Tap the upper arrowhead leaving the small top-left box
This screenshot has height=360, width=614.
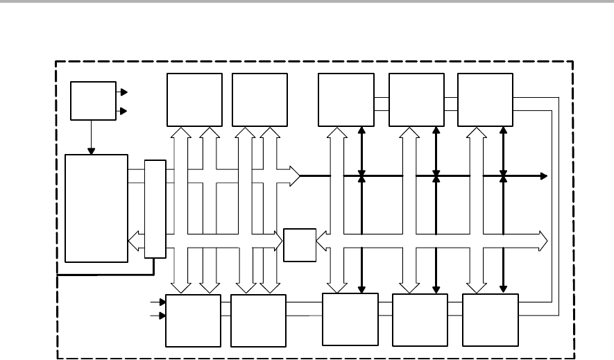point(123,91)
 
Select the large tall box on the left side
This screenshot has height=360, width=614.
point(96,208)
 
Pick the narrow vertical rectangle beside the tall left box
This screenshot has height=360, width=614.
point(155,209)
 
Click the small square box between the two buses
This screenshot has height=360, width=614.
point(299,244)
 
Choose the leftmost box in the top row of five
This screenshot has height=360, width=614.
point(195,100)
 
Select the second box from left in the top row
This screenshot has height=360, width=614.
point(260,100)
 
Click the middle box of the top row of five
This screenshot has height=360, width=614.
point(346,100)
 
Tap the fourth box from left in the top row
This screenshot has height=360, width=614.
point(417,100)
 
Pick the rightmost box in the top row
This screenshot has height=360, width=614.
point(485,100)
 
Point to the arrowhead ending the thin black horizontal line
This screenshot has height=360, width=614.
point(545,176)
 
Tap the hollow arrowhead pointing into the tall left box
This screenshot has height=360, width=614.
point(134,241)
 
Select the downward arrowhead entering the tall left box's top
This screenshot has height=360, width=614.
point(91,151)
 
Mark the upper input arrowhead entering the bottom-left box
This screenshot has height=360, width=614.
point(163,302)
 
